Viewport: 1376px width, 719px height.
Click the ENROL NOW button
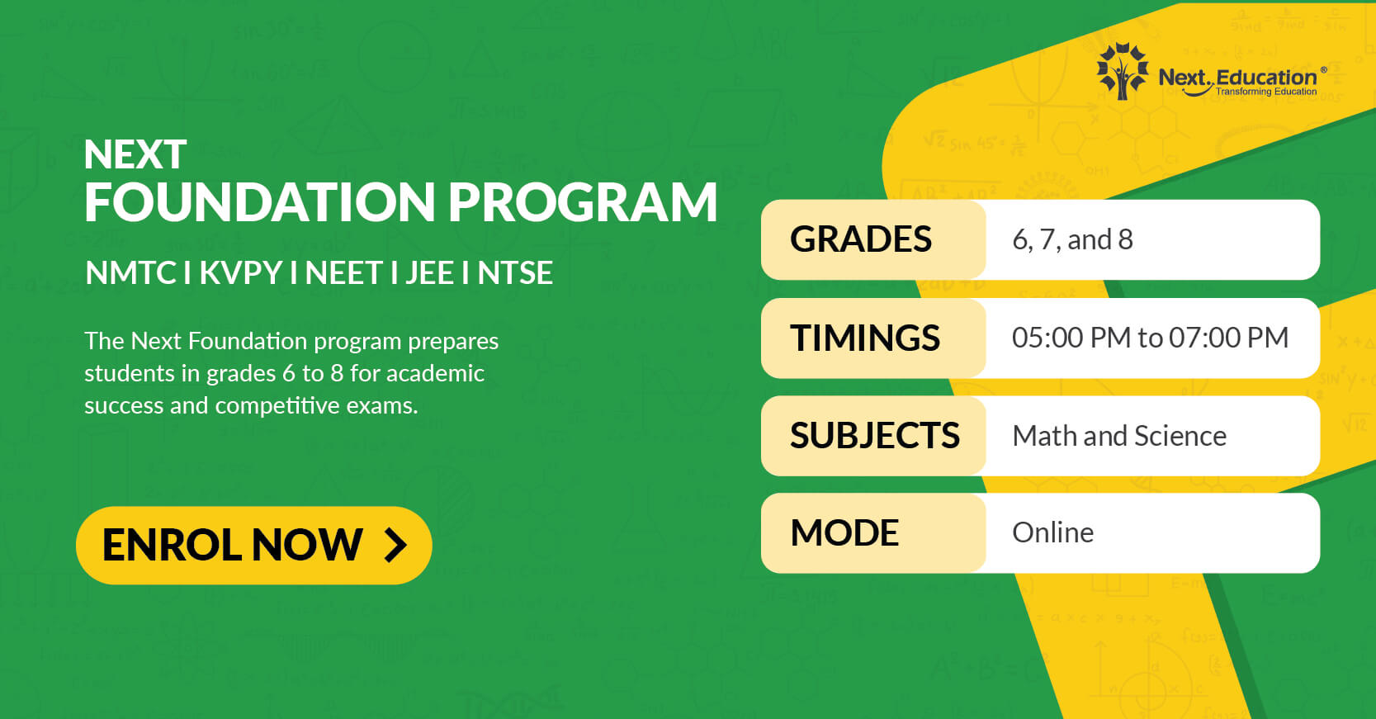click(x=253, y=545)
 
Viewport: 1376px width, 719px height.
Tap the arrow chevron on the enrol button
click(x=395, y=545)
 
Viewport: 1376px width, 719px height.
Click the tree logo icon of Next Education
click(x=1123, y=71)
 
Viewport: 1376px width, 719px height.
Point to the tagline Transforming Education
click(x=1266, y=92)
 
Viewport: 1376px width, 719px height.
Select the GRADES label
click(x=861, y=239)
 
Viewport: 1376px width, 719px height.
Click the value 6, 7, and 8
click(x=1072, y=239)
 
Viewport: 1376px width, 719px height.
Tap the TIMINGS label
click(x=865, y=338)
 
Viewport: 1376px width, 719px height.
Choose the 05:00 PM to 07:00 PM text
click(x=1150, y=338)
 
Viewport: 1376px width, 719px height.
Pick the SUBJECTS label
click(x=875, y=436)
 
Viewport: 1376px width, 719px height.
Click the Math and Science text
click(x=1119, y=437)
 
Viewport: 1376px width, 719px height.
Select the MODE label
click(x=844, y=532)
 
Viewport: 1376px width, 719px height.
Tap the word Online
click(x=1053, y=532)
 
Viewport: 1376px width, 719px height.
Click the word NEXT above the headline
click(x=135, y=154)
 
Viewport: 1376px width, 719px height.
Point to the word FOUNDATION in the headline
click(x=260, y=202)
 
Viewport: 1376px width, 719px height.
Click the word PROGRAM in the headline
click(x=583, y=202)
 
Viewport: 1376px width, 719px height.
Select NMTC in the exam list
click(x=131, y=273)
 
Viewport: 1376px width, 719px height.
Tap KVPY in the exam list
click(x=241, y=273)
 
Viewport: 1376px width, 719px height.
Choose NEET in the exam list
click(x=344, y=273)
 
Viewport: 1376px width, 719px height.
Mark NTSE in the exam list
click(x=515, y=273)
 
